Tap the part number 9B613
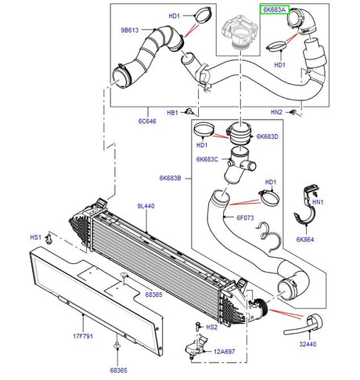(130, 31)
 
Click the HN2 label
(277, 112)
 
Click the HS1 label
(35, 237)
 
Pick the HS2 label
(211, 327)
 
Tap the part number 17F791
(83, 338)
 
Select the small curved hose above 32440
(316, 322)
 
